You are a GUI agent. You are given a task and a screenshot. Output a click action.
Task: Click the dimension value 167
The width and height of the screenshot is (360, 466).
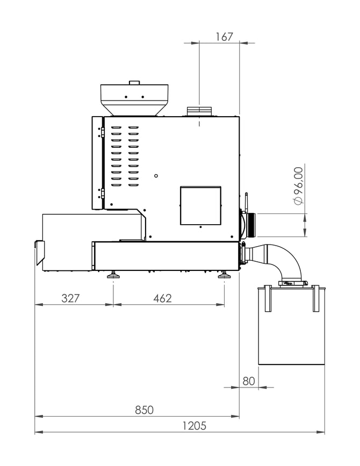coord(224,37)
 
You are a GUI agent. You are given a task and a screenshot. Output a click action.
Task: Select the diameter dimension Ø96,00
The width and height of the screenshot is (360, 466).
coord(299,185)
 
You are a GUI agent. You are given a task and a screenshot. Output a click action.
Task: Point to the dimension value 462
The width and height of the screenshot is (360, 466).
coord(162,298)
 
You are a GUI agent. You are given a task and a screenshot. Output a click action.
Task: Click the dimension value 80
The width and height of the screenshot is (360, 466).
coord(248,381)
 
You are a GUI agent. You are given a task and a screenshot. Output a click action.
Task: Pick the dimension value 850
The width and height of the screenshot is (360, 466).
coord(144,410)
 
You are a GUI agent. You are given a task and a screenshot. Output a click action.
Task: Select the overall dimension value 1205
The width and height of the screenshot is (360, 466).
coord(194,426)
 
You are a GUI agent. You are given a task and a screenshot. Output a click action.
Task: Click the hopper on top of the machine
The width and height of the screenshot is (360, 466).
coord(134,99)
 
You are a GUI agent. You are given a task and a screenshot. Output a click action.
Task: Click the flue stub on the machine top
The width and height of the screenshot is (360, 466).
coord(200,111)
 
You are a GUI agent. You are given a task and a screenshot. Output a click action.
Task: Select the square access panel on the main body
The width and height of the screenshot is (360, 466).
coord(200,205)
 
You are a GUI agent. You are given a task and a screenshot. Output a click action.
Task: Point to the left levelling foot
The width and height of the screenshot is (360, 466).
coord(113,276)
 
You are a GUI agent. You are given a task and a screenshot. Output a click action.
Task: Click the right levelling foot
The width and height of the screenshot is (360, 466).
coord(225,276)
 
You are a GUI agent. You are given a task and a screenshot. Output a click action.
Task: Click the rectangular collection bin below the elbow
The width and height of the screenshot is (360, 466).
coord(292,328)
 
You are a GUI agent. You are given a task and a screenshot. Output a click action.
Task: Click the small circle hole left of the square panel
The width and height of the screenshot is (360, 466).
coord(156,175)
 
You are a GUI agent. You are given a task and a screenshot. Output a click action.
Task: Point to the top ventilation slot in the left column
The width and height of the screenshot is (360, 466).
coord(116,128)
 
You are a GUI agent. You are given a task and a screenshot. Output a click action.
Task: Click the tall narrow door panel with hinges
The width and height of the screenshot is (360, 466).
coord(97,163)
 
